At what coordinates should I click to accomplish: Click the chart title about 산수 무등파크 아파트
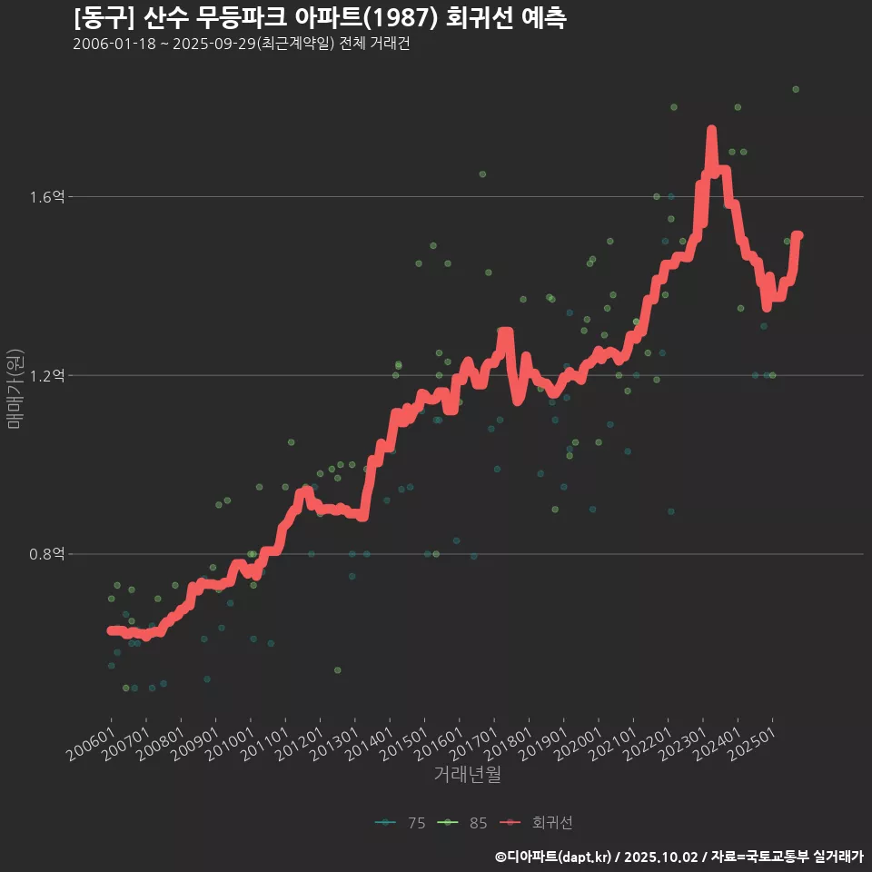[x=320, y=17]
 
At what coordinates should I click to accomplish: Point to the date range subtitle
[x=241, y=44]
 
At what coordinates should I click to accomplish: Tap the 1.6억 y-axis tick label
[x=47, y=197]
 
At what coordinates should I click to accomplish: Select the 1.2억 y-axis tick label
[x=47, y=375]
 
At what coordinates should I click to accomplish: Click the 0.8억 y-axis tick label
[x=47, y=554]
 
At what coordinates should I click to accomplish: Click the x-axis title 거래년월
[x=467, y=774]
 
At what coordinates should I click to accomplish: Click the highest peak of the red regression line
[x=711, y=131]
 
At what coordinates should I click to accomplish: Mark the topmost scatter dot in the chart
[x=795, y=89]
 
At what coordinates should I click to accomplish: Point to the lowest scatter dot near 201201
[x=337, y=669]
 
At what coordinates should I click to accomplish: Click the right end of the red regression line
[x=798, y=235]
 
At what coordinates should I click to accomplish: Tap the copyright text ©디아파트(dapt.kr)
[x=553, y=856]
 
